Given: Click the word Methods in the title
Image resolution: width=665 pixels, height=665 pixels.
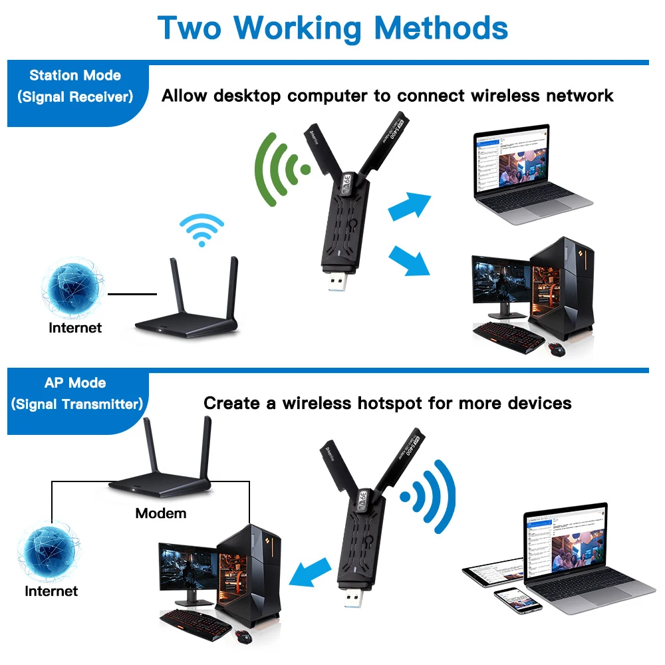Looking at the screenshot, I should [441, 28].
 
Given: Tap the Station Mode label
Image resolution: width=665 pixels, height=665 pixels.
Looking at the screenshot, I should [75, 75].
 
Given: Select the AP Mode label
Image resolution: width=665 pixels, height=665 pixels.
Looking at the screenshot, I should [75, 383].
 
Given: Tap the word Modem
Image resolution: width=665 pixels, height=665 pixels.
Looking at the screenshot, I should [161, 513].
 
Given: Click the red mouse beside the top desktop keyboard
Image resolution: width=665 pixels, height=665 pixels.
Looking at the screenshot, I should [556, 347].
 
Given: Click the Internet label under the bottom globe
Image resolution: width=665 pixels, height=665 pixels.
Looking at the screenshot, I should [51, 591].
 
